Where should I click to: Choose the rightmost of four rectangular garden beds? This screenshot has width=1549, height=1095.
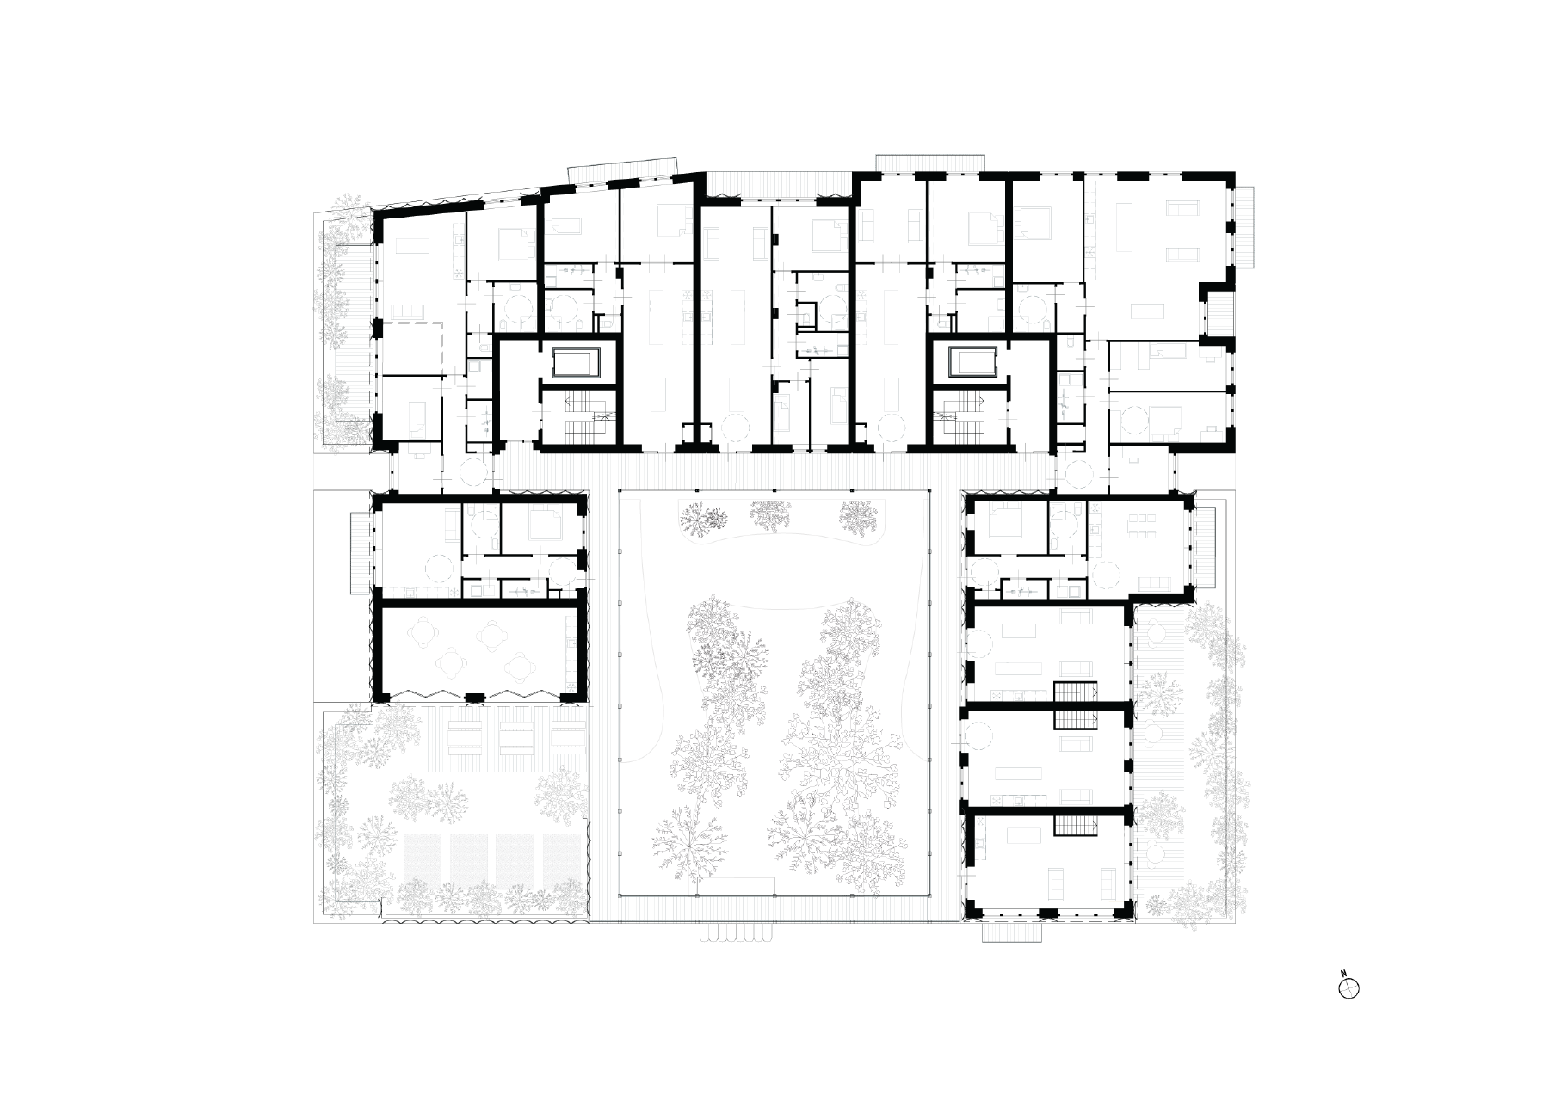tap(559, 857)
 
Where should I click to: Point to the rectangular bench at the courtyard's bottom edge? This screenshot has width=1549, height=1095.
tap(736, 886)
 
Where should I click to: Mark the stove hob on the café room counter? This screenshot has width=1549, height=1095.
tap(571, 688)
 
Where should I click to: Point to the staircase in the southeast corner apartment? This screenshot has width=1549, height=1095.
tap(1080, 827)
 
